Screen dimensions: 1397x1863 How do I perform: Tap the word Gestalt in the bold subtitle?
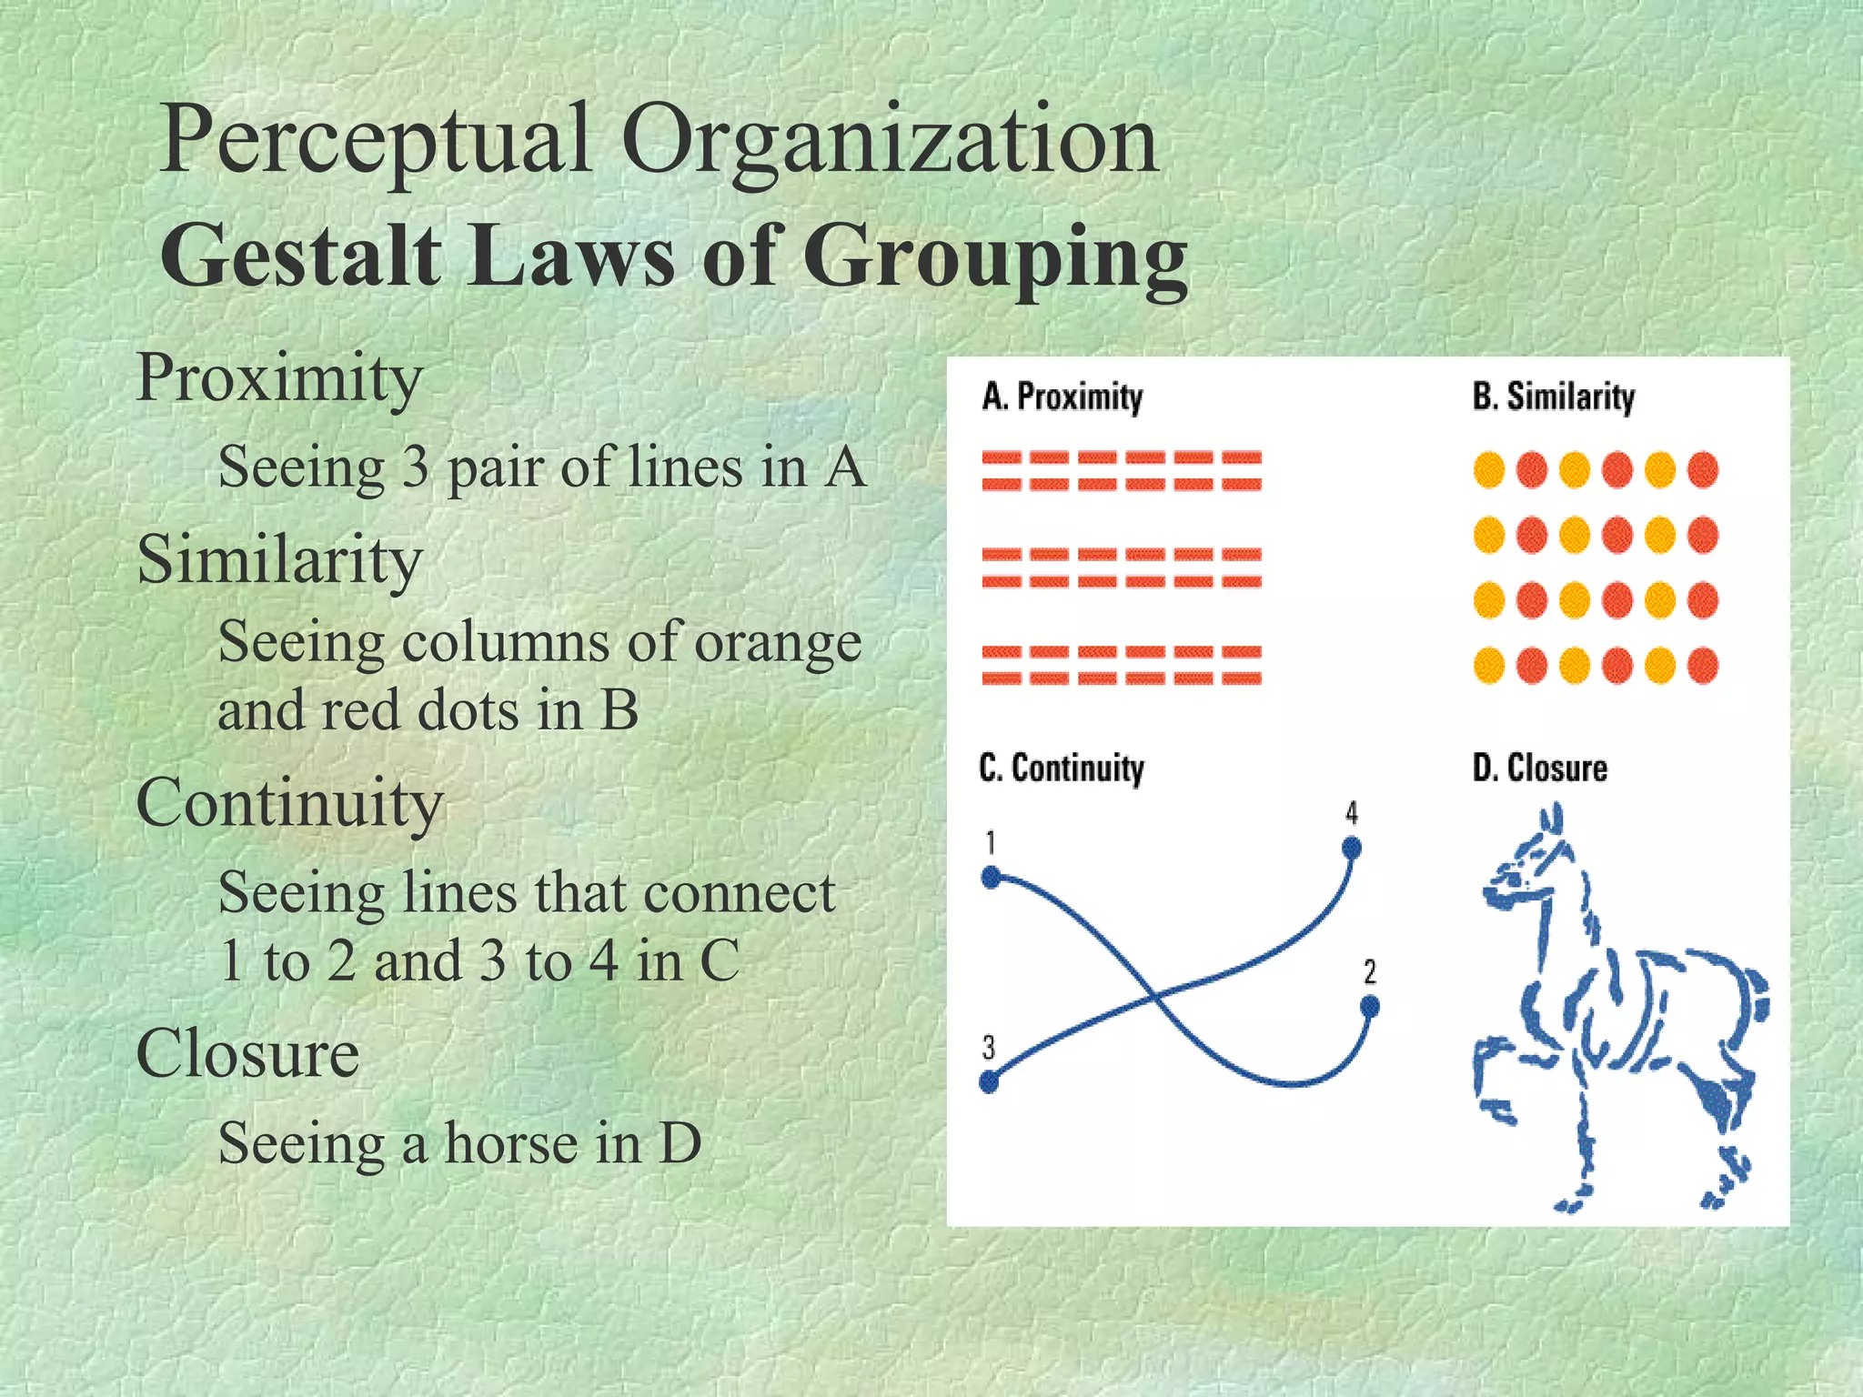click(300, 256)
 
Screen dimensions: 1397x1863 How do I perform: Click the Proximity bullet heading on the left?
click(279, 377)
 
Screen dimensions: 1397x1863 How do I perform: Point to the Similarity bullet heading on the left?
click(279, 559)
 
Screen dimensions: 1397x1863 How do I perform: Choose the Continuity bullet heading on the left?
click(289, 804)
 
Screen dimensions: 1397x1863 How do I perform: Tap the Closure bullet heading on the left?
click(247, 1053)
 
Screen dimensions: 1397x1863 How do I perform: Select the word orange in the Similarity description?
click(778, 643)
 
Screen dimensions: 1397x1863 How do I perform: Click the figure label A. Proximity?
click(1062, 397)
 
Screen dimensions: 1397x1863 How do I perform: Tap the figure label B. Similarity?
click(1554, 397)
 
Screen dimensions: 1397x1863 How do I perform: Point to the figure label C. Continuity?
click(1062, 769)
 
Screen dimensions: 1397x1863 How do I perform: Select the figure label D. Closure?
click(1540, 769)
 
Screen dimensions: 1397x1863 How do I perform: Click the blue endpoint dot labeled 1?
click(992, 878)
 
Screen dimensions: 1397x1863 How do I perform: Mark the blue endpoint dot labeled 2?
click(1370, 1007)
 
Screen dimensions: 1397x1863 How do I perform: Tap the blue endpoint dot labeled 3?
click(989, 1082)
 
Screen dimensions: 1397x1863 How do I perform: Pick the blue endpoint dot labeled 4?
click(1352, 849)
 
